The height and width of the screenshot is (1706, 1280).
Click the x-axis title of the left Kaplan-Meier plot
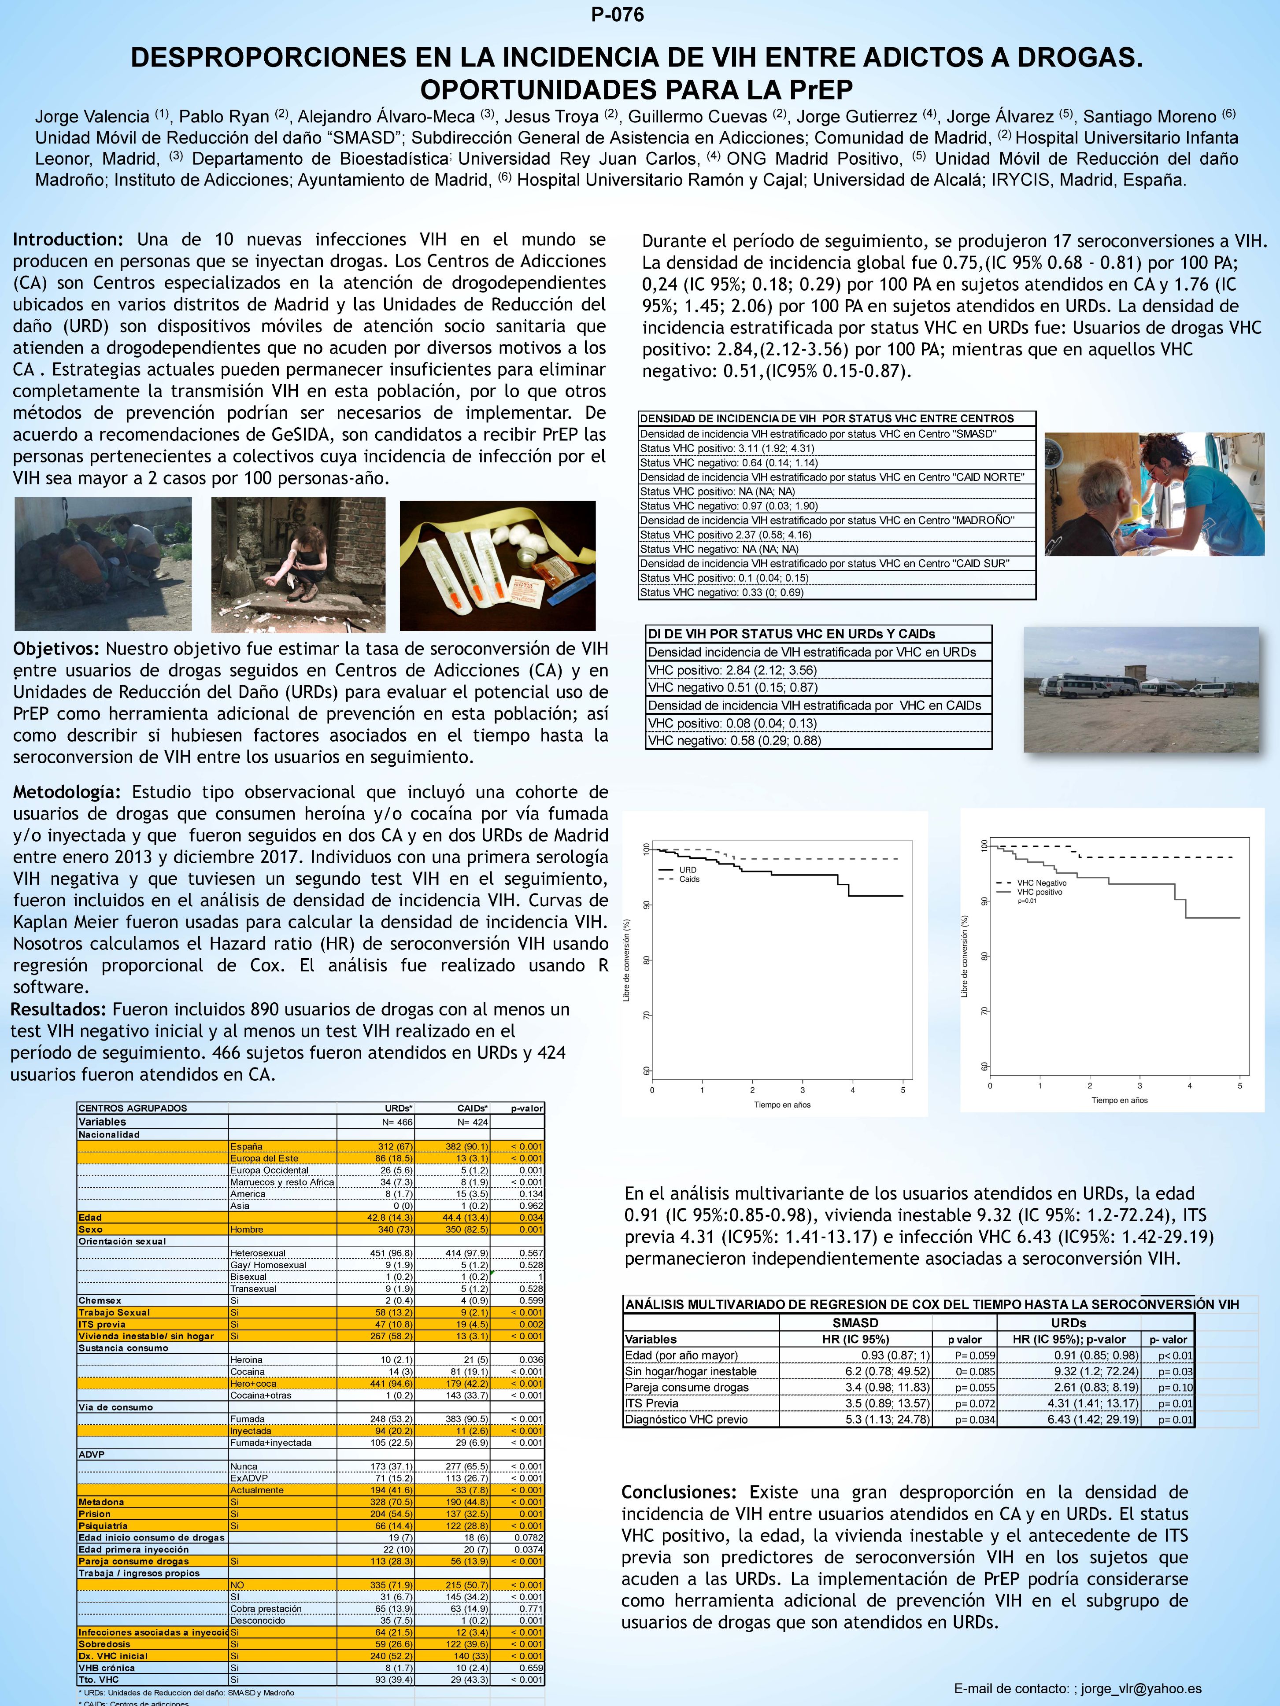[781, 1104]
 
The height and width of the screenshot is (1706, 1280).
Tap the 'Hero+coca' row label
[253, 1383]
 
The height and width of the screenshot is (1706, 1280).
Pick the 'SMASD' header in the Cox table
[855, 1323]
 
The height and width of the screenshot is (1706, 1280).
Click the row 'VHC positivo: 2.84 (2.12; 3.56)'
[732, 670]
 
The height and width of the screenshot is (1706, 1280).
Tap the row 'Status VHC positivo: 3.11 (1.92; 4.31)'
[727, 448]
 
